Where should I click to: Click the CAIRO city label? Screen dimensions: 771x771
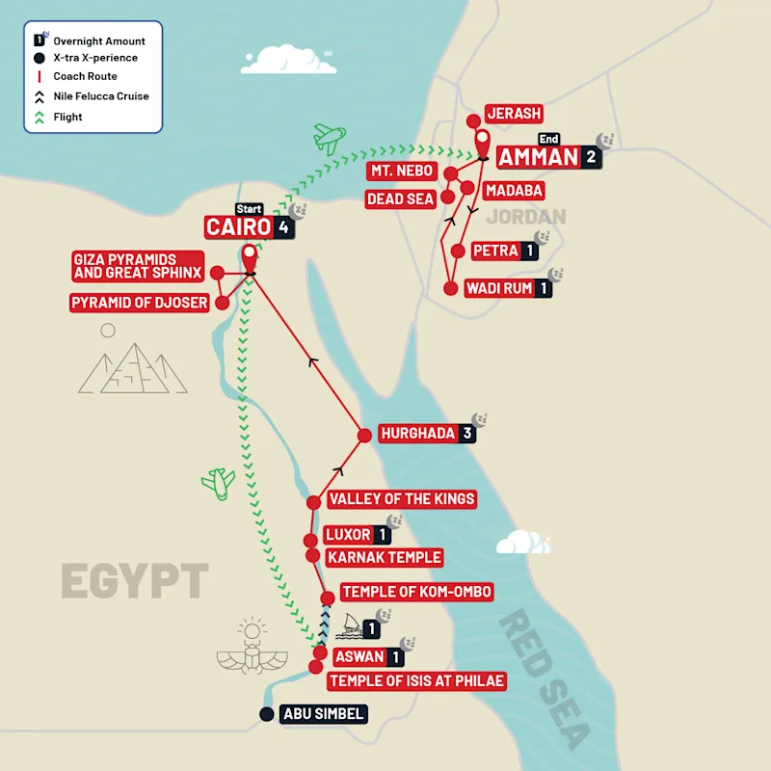(x=238, y=227)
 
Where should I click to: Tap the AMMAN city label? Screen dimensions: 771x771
(x=539, y=158)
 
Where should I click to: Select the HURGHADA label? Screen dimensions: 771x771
(x=417, y=434)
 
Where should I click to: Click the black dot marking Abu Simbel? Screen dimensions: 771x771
(x=267, y=714)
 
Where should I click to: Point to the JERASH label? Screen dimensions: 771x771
(x=515, y=114)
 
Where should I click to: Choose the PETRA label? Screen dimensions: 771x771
(x=495, y=252)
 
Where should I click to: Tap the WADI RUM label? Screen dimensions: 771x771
(x=499, y=288)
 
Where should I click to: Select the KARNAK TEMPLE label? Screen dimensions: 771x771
(x=385, y=557)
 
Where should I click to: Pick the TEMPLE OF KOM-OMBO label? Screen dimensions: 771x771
(x=417, y=592)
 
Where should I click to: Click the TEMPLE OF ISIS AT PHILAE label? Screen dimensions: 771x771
(x=416, y=681)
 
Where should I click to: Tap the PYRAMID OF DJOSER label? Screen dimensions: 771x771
(x=139, y=304)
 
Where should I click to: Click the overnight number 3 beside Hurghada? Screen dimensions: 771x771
(x=467, y=434)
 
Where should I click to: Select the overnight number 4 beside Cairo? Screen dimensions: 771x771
(x=283, y=228)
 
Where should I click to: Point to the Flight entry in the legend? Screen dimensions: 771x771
(x=67, y=117)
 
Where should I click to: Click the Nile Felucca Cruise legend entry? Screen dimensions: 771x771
(x=100, y=96)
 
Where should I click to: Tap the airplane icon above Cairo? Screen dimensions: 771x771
(x=329, y=138)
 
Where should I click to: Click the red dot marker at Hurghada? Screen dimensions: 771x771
(x=364, y=436)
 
